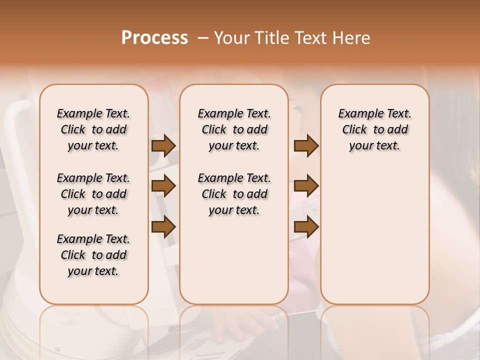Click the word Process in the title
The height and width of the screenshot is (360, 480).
pos(154,38)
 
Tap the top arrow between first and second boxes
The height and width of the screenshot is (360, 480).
pos(163,145)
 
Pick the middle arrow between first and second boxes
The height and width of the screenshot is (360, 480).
pos(163,186)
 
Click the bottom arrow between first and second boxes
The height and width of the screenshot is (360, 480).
pos(163,227)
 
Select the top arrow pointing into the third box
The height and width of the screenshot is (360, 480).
pos(306,145)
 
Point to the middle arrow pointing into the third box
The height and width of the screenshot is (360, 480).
pos(306,186)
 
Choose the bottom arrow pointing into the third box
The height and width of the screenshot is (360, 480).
pos(306,227)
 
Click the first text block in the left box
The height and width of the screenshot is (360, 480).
pos(93,129)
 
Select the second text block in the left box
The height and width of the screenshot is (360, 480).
pos(93,194)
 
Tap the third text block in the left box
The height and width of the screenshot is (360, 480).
pos(93,255)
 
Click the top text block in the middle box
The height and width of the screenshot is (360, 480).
pos(234,129)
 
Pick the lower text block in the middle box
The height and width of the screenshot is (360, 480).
pos(234,194)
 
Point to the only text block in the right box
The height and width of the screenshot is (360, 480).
pos(374,129)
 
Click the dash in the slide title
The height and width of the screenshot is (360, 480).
pos(203,38)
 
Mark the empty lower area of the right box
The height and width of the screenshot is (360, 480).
pos(374,235)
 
